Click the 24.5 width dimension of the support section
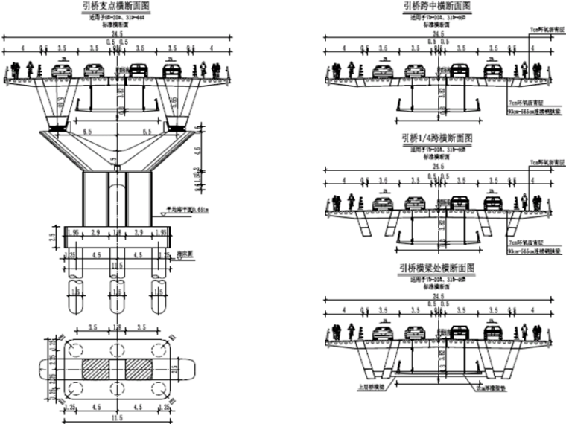tap(116, 35)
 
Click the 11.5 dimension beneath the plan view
tap(116, 419)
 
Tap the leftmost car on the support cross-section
tap(63, 71)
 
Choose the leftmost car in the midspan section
tap(384, 71)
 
